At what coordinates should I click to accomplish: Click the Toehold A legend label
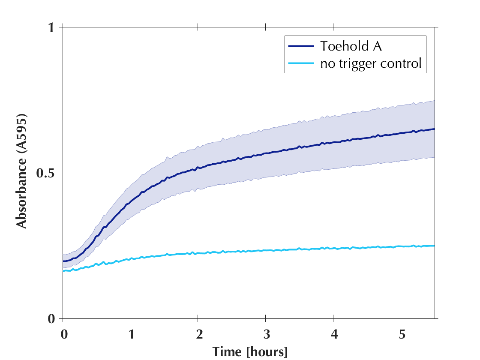pos(351,46)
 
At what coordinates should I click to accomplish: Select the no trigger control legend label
pos(371,64)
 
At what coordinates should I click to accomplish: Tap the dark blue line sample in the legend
pos(302,46)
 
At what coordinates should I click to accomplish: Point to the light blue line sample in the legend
pos(302,64)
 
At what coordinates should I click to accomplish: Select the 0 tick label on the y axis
pos(52,319)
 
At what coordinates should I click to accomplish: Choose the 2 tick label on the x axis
pos(198,334)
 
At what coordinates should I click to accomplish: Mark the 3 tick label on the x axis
pos(266,334)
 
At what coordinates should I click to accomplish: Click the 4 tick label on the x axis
pos(333,334)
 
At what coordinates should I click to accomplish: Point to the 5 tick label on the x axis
pos(401,334)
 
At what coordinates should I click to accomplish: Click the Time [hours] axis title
pos(250,351)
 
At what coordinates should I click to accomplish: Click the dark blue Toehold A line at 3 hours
pos(266,153)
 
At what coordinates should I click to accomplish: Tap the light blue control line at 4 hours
pos(333,248)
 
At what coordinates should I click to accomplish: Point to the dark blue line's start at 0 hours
pos(63,261)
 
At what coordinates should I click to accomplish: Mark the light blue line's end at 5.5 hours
pos(434,246)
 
